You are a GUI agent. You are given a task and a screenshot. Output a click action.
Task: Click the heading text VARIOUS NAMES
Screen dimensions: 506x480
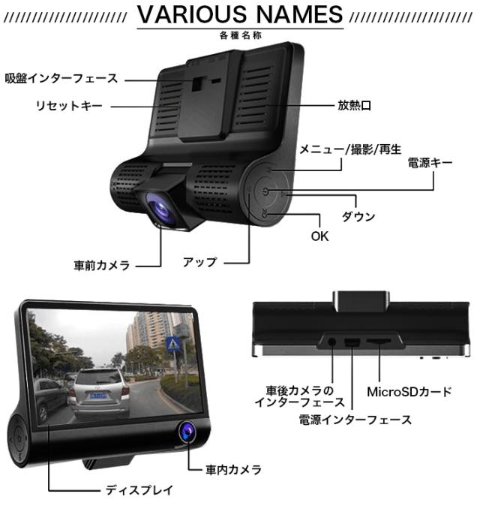coord(240,14)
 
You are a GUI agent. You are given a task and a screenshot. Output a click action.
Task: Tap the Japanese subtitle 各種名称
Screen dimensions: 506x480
coord(241,35)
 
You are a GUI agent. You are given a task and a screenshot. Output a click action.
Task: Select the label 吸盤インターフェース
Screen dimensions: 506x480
coord(61,77)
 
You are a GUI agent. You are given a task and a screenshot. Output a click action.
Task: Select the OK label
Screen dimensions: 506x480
coord(319,236)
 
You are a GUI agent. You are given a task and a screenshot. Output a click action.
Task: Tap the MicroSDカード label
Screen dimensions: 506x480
coord(409,391)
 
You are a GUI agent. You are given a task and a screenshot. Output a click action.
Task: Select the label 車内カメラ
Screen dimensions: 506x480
coord(233,470)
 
